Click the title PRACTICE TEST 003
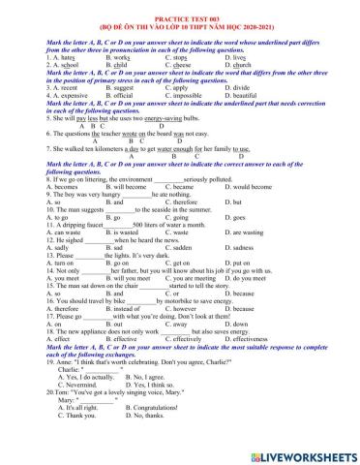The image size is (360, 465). coord(179,8)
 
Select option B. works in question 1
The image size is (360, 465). coord(115,57)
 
